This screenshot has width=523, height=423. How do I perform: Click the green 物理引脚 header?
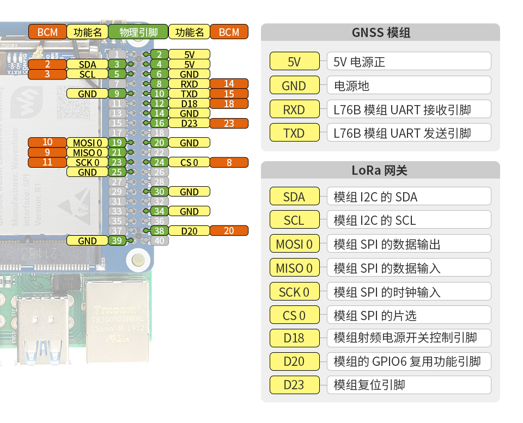click(x=138, y=32)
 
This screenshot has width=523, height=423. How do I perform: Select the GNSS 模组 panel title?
click(x=380, y=33)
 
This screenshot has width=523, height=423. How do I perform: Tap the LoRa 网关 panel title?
click(x=380, y=170)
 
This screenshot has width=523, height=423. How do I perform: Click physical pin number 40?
click(x=159, y=241)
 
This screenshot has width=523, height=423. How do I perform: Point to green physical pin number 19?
click(x=117, y=143)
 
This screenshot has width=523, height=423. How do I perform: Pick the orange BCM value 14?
click(x=229, y=84)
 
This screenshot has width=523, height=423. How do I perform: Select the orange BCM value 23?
click(x=229, y=123)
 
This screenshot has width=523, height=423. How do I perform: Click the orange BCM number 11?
click(x=47, y=162)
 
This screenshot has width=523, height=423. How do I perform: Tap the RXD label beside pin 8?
click(x=189, y=84)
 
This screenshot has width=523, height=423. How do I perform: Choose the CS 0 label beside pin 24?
click(x=189, y=162)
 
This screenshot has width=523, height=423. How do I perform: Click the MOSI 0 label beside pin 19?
click(x=87, y=143)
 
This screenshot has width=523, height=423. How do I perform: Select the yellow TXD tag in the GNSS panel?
click(x=294, y=133)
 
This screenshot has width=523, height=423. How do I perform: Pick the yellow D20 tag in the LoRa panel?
click(x=294, y=361)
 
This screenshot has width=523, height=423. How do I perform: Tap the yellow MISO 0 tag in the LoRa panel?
click(x=294, y=268)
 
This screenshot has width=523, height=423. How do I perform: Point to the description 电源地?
click(x=351, y=85)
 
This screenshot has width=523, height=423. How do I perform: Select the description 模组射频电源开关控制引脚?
click(x=405, y=338)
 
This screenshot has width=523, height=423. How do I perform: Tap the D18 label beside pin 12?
click(x=189, y=103)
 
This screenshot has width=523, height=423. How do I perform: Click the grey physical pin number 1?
click(x=117, y=54)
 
